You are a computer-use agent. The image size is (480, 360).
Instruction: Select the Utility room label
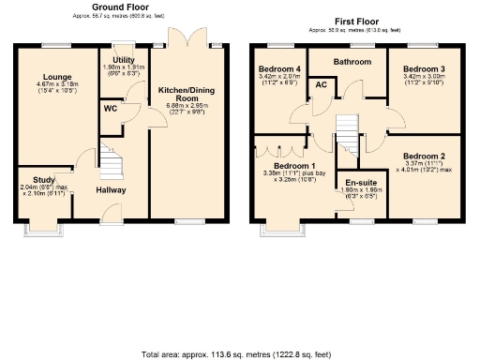[x=122, y=59]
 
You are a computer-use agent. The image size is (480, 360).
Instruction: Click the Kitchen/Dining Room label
[x=183, y=92]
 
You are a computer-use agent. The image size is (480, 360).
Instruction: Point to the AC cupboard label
[x=321, y=85]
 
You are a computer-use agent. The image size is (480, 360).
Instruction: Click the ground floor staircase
[x=112, y=166]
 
